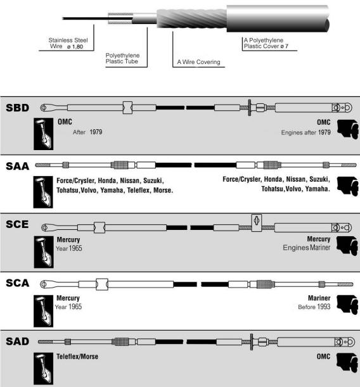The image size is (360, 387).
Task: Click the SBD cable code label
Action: [18, 108]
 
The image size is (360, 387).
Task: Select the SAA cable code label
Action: [18, 166]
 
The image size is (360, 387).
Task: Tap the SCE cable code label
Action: [17, 224]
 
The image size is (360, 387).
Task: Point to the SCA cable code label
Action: [18, 283]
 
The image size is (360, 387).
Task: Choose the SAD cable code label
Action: [18, 341]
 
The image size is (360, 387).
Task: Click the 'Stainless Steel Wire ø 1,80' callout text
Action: [68, 43]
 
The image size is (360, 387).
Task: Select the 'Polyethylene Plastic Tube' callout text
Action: [122, 58]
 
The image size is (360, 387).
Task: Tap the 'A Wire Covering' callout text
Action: [198, 62]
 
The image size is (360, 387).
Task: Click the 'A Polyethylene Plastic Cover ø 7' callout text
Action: [266, 43]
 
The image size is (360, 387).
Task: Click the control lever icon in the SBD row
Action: [44, 134]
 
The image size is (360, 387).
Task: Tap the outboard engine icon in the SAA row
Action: [348, 186]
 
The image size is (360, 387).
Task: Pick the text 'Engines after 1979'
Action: [306, 132]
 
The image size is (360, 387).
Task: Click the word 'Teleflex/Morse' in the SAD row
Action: [77, 357]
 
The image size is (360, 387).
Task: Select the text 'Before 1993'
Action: [314, 307]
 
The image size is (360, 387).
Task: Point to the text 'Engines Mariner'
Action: [306, 248]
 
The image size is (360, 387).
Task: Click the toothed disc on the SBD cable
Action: [250, 108]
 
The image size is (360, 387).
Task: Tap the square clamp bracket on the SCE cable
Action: [257, 223]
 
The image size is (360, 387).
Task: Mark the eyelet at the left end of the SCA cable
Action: [44, 284]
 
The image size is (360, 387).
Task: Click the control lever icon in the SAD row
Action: [44, 368]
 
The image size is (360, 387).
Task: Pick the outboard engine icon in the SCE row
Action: [347, 246]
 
